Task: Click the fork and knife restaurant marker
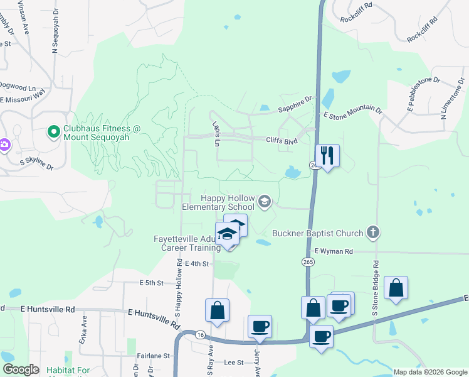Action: point(327,155)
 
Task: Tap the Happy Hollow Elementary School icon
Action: point(265,202)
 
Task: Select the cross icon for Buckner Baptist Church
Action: point(373,232)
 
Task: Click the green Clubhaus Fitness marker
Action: point(54,132)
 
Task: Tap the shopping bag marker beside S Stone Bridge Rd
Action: point(396,288)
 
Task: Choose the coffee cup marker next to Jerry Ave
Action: point(260,327)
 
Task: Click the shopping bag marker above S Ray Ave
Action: point(217,310)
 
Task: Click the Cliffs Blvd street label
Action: point(281,141)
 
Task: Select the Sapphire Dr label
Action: point(295,104)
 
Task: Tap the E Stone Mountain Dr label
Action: point(352,112)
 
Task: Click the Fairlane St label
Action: point(154,356)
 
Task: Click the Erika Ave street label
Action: point(82,325)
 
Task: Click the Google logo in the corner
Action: point(21,369)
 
